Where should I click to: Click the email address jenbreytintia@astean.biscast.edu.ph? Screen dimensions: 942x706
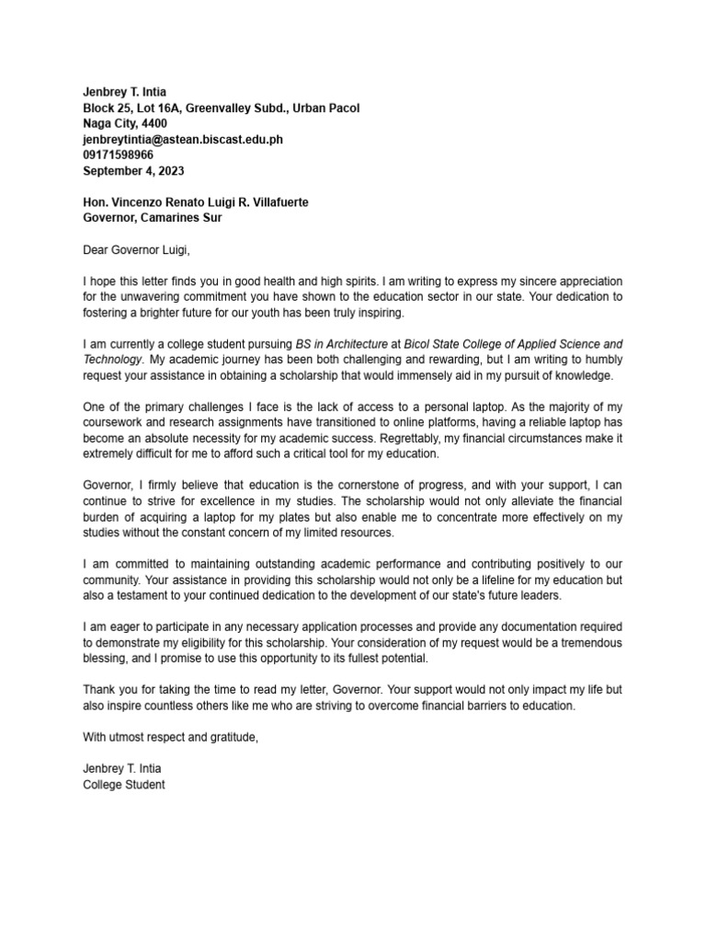coord(182,139)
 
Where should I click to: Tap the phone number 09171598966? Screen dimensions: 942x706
coord(118,155)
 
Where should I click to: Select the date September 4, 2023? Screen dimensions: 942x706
coord(133,170)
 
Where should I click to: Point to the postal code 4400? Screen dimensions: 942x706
coord(154,123)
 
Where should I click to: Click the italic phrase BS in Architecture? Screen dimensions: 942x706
coord(341,344)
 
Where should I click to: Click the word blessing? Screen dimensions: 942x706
coord(109,660)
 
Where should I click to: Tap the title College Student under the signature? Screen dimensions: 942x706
coord(124,786)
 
